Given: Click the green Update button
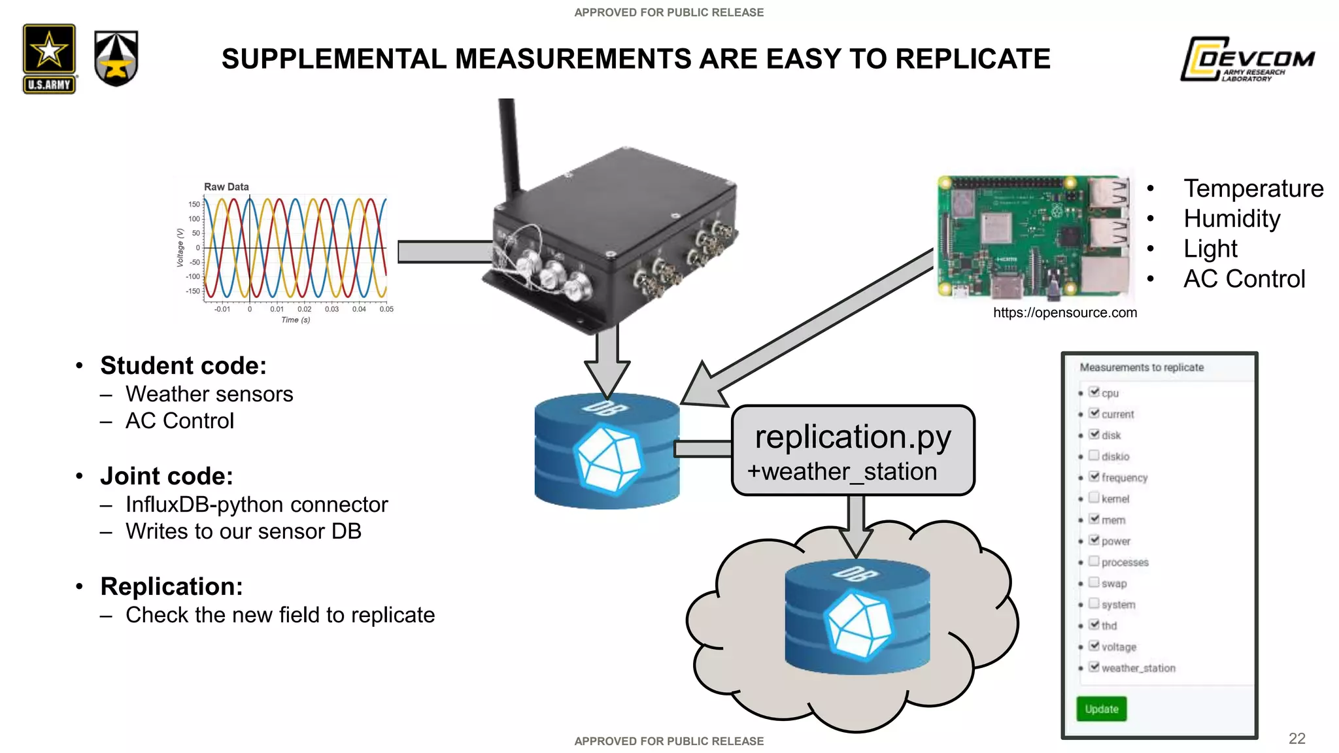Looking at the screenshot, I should pyautogui.click(x=1101, y=709).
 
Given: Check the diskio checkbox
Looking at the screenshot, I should pyautogui.click(x=1094, y=456).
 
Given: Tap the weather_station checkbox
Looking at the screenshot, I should pyautogui.click(x=1094, y=667).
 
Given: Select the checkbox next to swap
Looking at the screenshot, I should pyautogui.click(x=1094, y=582).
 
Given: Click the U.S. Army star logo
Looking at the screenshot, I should pyautogui.click(x=49, y=59).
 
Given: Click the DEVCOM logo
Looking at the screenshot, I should pyautogui.click(x=1247, y=59).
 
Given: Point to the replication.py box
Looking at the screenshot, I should pyautogui.click(x=853, y=450).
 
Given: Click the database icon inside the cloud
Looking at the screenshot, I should pyautogui.click(x=856, y=618).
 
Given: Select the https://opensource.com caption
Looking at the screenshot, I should pyautogui.click(x=1064, y=312).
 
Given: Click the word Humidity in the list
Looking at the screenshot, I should pyautogui.click(x=1232, y=218).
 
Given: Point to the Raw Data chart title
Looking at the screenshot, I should pyautogui.click(x=226, y=187).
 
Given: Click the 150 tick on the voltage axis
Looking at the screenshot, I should pyautogui.click(x=194, y=205).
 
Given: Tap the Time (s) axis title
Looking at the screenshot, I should pyautogui.click(x=296, y=320).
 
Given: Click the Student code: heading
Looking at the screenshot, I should pyautogui.click(x=183, y=365).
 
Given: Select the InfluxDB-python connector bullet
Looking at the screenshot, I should pyautogui.click(x=256, y=505).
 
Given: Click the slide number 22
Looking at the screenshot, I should pyautogui.click(x=1297, y=739).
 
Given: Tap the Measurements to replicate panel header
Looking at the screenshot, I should pyautogui.click(x=1141, y=367).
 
